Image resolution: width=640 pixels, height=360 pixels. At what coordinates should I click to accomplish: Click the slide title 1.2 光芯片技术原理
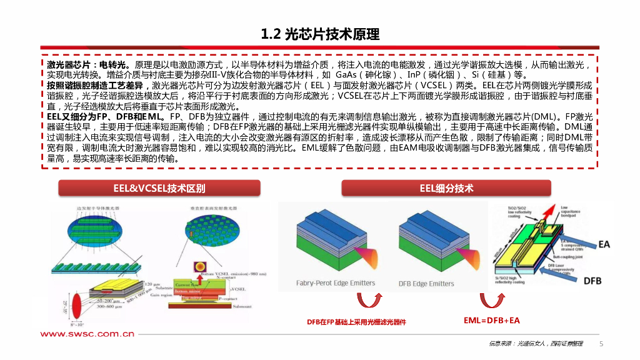point(320,33)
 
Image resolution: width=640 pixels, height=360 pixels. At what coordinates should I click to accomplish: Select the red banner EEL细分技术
point(446,188)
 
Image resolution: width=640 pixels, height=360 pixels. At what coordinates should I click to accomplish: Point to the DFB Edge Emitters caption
point(426,284)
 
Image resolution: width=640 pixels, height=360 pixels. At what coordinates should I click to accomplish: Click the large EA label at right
point(604,244)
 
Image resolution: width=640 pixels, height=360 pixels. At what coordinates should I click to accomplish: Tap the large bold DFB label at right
point(592,281)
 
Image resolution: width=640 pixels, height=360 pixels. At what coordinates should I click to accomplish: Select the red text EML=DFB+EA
point(491,321)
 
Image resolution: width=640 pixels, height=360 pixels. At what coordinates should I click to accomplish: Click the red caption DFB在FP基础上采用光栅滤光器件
point(356,322)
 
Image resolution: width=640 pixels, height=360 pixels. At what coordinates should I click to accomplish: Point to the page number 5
point(601,344)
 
